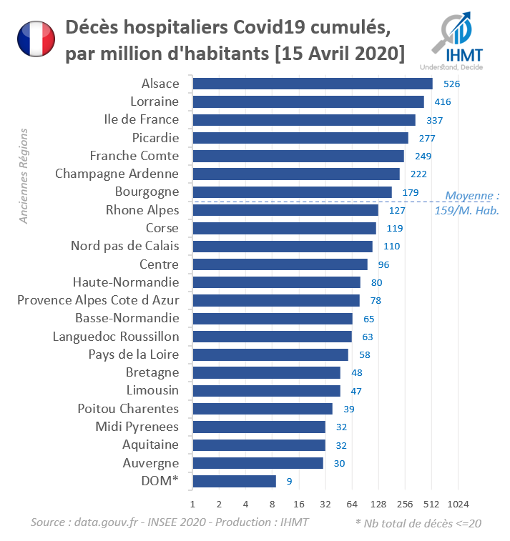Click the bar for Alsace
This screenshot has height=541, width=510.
point(313,84)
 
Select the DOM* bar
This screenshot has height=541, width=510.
point(235,481)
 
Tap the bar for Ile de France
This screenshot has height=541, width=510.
point(304,119)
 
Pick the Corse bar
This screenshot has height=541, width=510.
point(285,228)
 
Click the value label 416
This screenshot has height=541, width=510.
point(442,101)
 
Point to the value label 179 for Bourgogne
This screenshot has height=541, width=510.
point(410,192)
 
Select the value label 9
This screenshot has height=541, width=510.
point(289,482)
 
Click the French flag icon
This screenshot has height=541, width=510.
point(36,39)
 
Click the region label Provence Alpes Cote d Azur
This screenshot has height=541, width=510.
point(98,300)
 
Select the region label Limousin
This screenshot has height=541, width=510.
point(152,390)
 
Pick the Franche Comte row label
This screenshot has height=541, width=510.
point(134,156)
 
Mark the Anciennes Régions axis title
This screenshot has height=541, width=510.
point(24,176)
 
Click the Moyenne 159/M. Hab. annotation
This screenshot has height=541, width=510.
point(468,203)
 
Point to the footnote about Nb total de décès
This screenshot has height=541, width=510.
point(418,523)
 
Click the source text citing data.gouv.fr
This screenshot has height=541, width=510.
point(170,522)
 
